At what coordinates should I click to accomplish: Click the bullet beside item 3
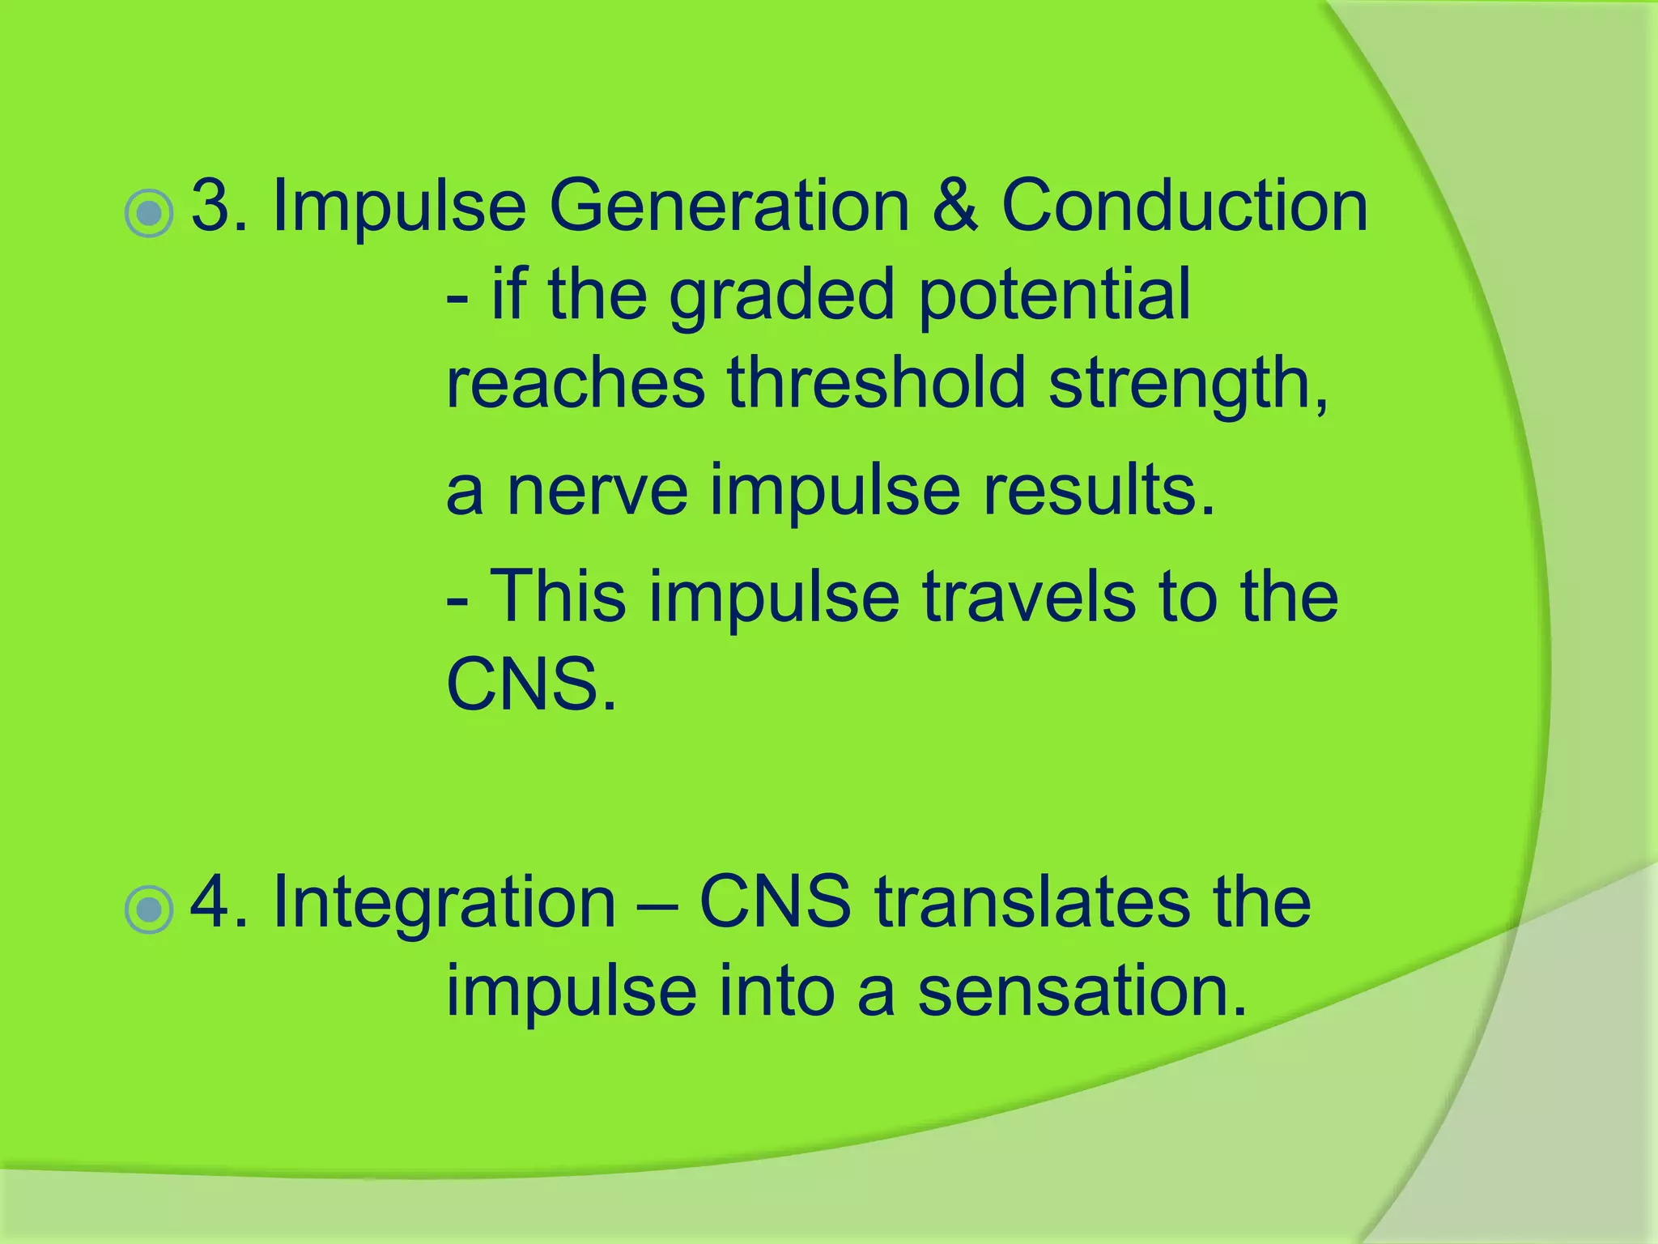tap(150, 214)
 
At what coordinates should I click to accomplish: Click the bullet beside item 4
tap(150, 910)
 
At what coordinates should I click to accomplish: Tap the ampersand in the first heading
tap(954, 206)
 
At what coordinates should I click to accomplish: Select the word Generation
tap(729, 206)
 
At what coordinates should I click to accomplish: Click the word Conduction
tap(1184, 206)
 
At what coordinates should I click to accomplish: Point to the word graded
tap(781, 295)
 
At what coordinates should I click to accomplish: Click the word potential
tap(1054, 295)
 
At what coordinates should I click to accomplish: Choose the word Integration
tap(444, 902)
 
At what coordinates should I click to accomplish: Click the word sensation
tap(1082, 991)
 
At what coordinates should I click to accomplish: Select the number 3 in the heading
tap(211, 206)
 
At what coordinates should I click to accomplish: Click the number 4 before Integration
tap(212, 902)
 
